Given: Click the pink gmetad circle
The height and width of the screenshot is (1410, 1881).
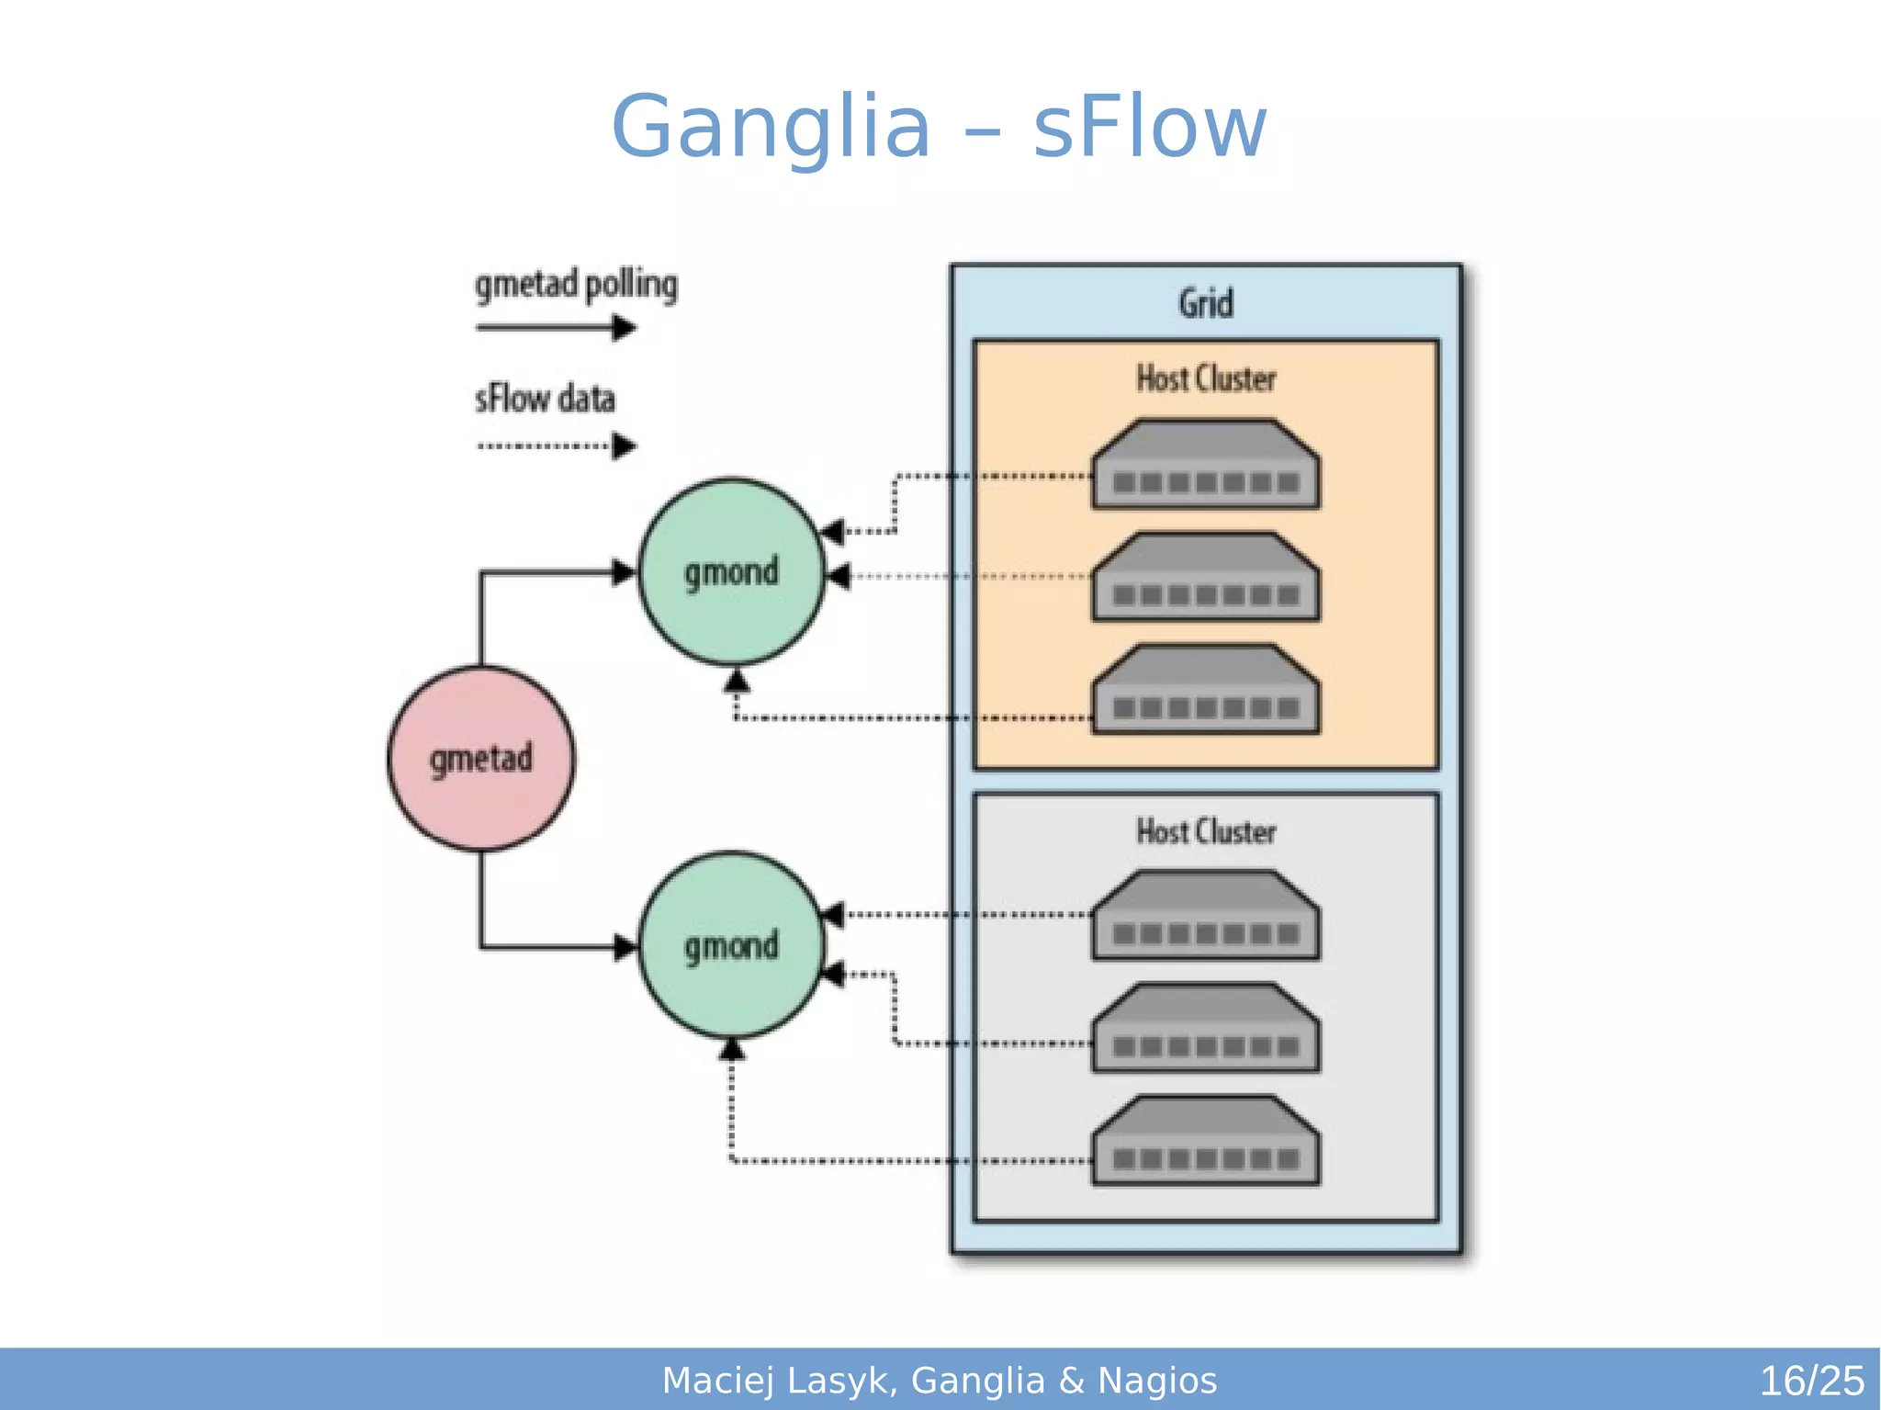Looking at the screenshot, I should [x=480, y=759].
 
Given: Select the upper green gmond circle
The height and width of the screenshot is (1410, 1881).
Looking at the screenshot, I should [x=731, y=571].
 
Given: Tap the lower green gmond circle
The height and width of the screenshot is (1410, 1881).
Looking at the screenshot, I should [x=731, y=945].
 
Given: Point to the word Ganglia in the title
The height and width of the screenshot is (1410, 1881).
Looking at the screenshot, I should [x=771, y=128].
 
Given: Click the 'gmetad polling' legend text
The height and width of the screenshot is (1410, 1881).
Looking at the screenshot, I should [x=576, y=285].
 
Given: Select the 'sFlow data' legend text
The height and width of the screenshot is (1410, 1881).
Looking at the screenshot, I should [x=545, y=399].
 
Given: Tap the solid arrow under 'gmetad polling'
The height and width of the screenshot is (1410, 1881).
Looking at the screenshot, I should [x=555, y=327].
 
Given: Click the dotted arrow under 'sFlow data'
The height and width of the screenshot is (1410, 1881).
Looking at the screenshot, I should [x=555, y=446].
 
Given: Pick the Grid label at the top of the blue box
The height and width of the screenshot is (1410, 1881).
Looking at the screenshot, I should [x=1205, y=303].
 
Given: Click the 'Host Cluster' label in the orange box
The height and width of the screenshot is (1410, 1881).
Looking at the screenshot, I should [x=1205, y=378].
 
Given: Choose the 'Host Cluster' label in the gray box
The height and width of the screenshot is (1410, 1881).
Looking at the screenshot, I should [x=1205, y=831].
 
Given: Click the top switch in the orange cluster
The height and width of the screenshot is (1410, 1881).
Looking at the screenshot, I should [x=1205, y=465].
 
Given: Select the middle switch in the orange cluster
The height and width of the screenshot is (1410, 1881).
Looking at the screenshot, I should [x=1205, y=578].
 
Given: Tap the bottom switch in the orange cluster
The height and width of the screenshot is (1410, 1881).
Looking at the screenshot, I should [x=1205, y=690].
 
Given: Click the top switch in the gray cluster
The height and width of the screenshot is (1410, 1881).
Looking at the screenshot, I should [x=1205, y=916].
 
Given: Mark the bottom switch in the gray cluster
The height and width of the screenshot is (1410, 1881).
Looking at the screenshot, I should [x=1205, y=1141].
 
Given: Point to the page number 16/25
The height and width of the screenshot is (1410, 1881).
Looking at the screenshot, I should [x=1810, y=1381].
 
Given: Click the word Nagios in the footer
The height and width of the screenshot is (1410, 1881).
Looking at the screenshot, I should [x=1157, y=1381].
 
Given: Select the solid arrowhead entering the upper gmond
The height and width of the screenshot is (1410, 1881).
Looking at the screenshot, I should [x=625, y=572].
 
